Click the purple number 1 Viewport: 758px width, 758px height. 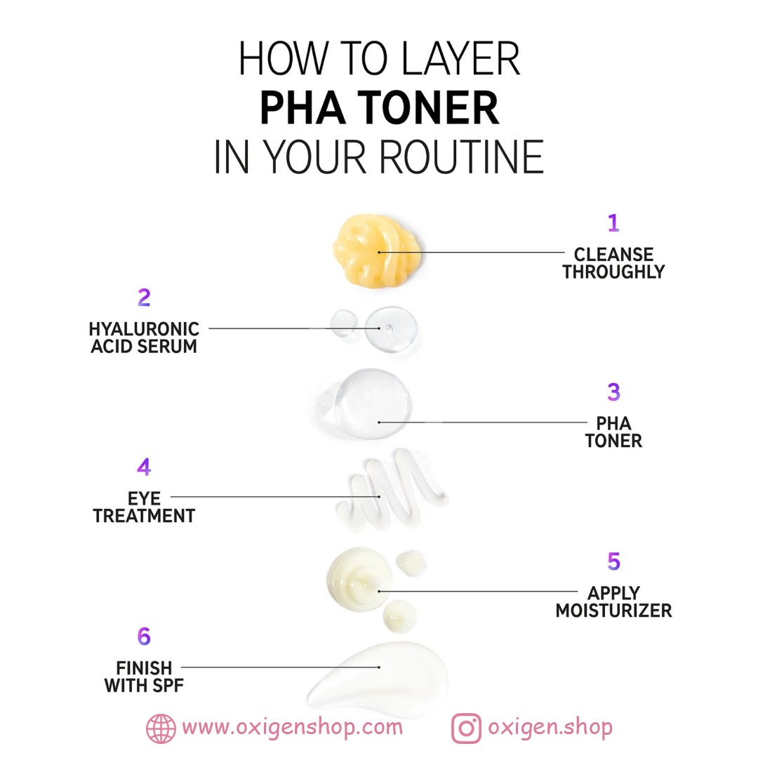613,223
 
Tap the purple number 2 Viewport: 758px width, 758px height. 144,298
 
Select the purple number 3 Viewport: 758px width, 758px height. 613,392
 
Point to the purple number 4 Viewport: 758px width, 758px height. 144,467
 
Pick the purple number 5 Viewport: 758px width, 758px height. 613,561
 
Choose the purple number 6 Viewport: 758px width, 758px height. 144,636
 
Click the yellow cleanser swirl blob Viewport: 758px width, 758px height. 377,251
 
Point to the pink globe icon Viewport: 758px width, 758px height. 161,728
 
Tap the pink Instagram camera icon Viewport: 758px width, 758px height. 466,728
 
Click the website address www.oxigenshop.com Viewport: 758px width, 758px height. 292,727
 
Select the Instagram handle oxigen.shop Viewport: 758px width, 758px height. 550,727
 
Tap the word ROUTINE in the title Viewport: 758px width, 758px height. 462,157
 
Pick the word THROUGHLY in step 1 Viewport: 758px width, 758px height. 613,272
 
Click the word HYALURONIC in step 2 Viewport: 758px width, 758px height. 144,329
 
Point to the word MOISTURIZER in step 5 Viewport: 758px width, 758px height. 613,611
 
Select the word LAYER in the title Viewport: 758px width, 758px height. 460,58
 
